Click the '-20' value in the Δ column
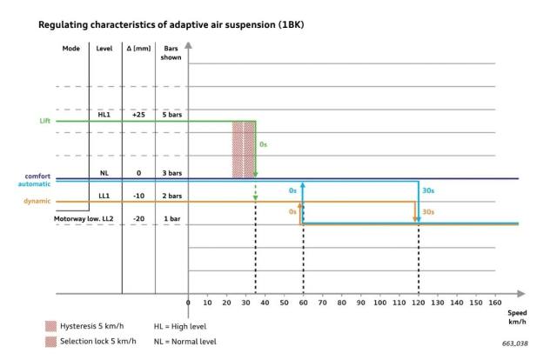138,220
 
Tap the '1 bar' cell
171,220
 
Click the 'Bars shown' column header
171,53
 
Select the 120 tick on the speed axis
418,303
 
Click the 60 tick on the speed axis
303,303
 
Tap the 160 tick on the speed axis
494,303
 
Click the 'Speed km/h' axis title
518,317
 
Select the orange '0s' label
292,211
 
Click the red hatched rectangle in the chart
243,149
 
